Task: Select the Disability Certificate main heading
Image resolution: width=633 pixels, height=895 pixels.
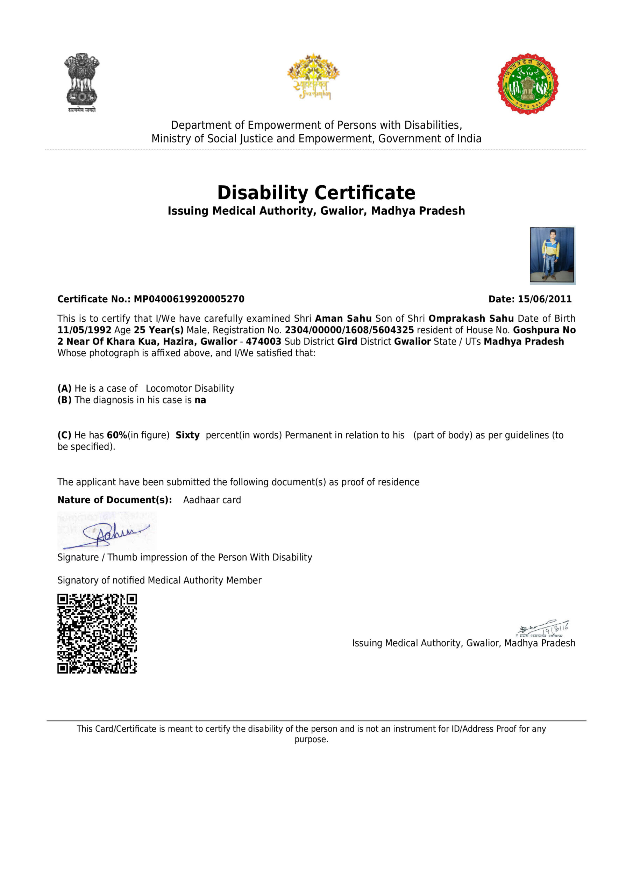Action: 316,193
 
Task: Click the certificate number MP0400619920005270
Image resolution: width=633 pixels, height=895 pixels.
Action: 189,299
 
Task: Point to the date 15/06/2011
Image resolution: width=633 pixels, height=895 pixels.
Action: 545,299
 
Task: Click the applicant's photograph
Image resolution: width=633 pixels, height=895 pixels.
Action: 552,255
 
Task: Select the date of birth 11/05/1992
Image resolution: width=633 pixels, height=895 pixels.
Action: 84,330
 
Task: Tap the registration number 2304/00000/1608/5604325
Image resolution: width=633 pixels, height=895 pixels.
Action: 349,330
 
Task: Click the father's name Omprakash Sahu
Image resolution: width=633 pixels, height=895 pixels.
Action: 471,318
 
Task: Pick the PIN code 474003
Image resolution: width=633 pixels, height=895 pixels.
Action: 263,342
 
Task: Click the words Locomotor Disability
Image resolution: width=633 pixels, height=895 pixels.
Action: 190,388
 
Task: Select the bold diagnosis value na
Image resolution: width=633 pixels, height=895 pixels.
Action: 200,400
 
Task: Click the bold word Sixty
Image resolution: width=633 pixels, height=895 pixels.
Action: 187,435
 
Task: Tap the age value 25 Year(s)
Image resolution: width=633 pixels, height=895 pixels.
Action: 158,330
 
